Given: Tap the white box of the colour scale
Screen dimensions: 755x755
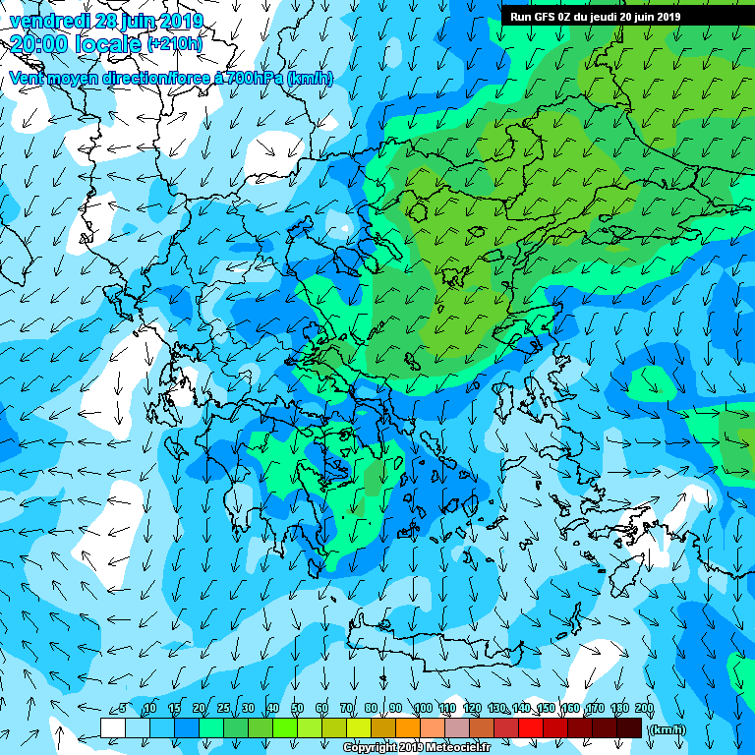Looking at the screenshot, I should [x=113, y=728].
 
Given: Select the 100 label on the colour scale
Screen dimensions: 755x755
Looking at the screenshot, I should [x=423, y=709].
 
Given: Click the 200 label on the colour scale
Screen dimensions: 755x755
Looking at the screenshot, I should [x=644, y=709].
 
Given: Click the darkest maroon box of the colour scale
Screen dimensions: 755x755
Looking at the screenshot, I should [x=629, y=728].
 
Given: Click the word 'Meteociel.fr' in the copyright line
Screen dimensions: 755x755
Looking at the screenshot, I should [x=459, y=748].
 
